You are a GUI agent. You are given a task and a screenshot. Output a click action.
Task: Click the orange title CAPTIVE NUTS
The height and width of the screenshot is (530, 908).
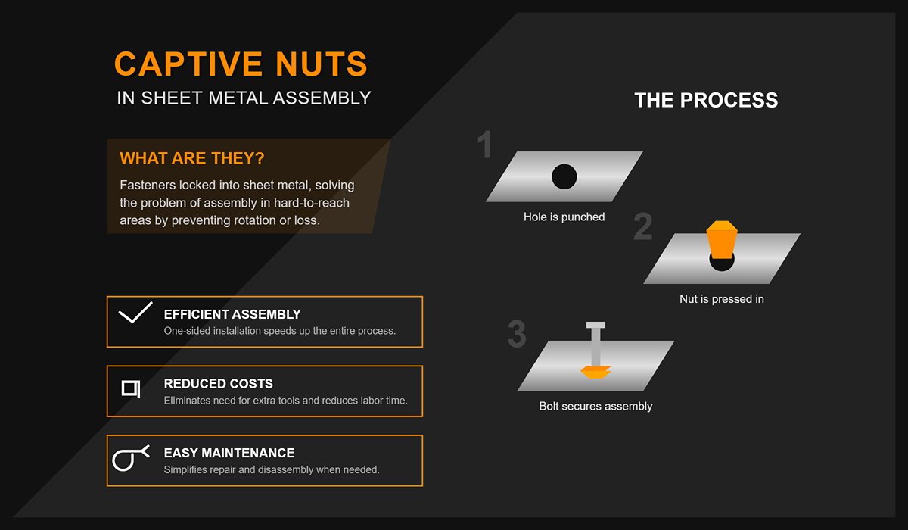click(x=241, y=64)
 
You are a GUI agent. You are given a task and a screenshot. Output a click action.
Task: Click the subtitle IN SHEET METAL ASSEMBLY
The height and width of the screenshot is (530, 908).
click(x=244, y=98)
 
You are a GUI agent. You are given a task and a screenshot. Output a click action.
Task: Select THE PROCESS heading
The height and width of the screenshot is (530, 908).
click(x=705, y=100)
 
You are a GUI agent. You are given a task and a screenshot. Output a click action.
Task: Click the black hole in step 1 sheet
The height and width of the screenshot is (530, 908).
click(x=564, y=176)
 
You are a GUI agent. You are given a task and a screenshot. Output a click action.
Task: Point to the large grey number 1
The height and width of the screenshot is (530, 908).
click(x=485, y=145)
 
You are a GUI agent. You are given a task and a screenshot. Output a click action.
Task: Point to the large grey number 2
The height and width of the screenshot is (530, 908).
click(x=642, y=227)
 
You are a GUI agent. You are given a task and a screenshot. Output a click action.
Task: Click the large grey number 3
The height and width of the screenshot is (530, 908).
click(x=517, y=334)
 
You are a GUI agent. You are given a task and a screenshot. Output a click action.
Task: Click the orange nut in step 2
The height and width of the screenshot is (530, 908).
click(x=720, y=240)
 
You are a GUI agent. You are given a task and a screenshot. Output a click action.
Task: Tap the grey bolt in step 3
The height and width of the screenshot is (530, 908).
click(x=596, y=344)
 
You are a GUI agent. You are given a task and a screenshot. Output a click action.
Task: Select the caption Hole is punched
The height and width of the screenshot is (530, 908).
click(x=564, y=217)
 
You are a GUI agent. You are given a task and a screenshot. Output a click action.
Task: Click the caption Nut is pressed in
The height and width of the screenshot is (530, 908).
click(x=721, y=299)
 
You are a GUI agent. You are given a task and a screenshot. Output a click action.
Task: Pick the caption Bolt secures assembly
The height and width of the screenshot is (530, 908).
click(x=595, y=406)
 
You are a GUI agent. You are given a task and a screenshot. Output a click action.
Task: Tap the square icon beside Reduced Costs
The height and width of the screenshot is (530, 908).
click(x=131, y=388)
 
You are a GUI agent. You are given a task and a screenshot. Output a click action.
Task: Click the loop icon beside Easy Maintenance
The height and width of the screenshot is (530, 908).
click(x=129, y=458)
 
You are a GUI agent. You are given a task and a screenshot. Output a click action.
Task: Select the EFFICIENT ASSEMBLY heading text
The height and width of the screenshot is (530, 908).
click(x=232, y=314)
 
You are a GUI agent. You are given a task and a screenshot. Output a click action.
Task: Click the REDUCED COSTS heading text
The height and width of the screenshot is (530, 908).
click(x=219, y=384)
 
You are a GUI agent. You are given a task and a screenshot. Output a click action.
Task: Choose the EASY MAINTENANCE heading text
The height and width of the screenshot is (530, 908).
click(x=229, y=453)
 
